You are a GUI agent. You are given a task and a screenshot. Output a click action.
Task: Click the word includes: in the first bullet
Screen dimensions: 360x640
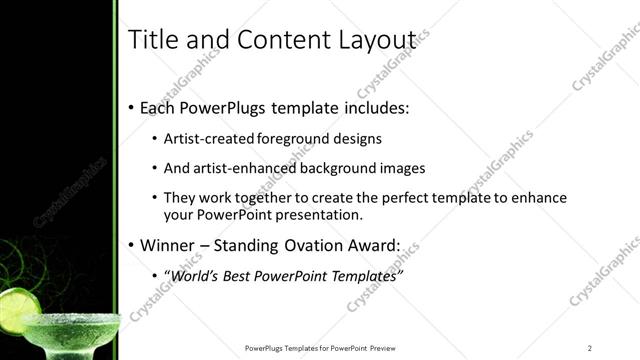(372, 107)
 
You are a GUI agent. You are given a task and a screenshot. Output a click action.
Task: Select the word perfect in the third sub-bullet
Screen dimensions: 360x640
(403, 198)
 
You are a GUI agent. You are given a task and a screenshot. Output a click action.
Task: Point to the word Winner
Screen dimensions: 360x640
(169, 244)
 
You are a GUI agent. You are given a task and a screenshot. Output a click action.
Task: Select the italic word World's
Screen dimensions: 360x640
(196, 275)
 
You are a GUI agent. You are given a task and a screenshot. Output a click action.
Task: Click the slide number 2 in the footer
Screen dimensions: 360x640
(590, 348)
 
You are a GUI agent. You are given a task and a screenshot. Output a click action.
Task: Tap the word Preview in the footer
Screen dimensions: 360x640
(382, 348)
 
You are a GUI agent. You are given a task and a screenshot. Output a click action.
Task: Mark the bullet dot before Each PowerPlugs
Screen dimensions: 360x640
(132, 108)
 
